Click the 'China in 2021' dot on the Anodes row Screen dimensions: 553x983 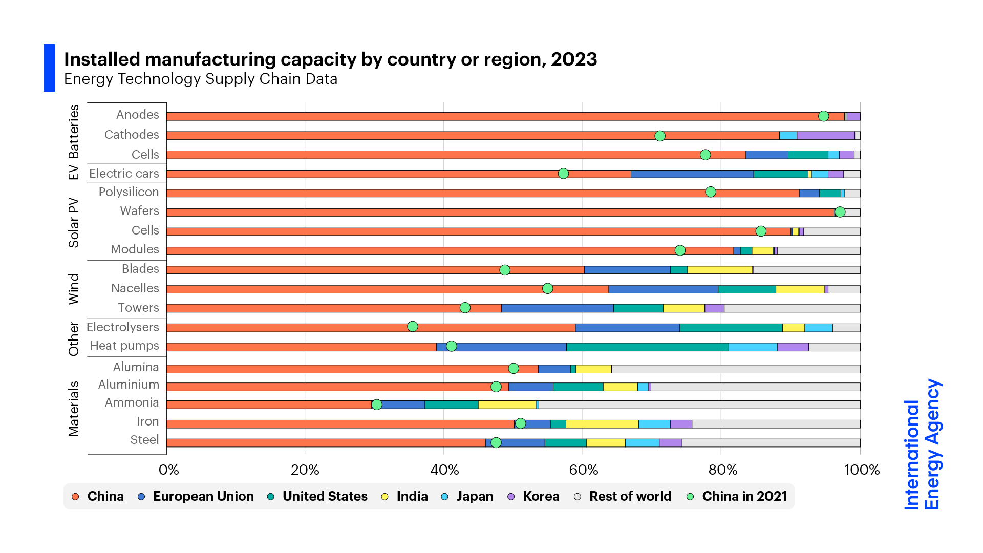pyautogui.click(x=823, y=116)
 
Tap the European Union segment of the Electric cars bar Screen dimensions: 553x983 pyautogui.click(x=692, y=174)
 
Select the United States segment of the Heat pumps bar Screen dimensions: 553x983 pyautogui.click(x=647, y=347)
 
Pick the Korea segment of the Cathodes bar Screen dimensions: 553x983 pyautogui.click(x=825, y=136)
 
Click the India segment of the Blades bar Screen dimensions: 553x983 pyautogui.click(x=719, y=270)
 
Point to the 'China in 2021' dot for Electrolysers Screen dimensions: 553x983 pyautogui.click(x=412, y=327)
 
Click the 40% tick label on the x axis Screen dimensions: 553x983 pyautogui.click(x=444, y=470)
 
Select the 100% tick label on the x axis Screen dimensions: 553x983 pyautogui.click(x=862, y=470)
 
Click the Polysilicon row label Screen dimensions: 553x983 pyautogui.click(x=129, y=192)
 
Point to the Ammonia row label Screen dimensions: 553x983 pyautogui.click(x=132, y=402)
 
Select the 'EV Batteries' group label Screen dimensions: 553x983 pyautogui.click(x=74, y=142)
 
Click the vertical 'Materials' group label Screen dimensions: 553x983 pyautogui.click(x=74, y=409)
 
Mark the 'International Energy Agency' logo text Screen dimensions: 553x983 pyautogui.click(x=922, y=444)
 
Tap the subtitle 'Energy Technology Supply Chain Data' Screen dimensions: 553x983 pyautogui.click(x=201, y=79)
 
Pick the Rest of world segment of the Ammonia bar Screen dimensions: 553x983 pyautogui.click(x=699, y=405)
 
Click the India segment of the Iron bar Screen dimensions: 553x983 pyautogui.click(x=602, y=424)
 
